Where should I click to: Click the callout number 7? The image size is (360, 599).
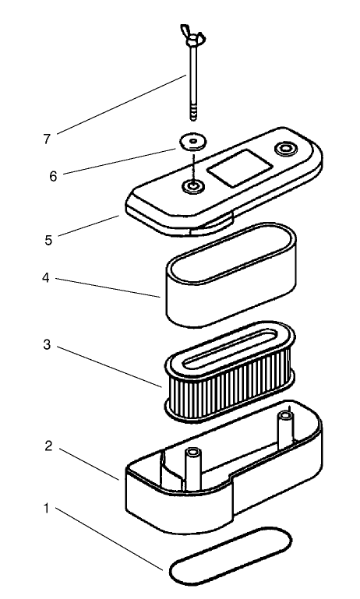tap(48, 139)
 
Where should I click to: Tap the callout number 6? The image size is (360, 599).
tap(54, 176)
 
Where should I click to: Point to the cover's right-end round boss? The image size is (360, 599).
tap(286, 146)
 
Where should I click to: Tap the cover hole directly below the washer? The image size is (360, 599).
tap(191, 187)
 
